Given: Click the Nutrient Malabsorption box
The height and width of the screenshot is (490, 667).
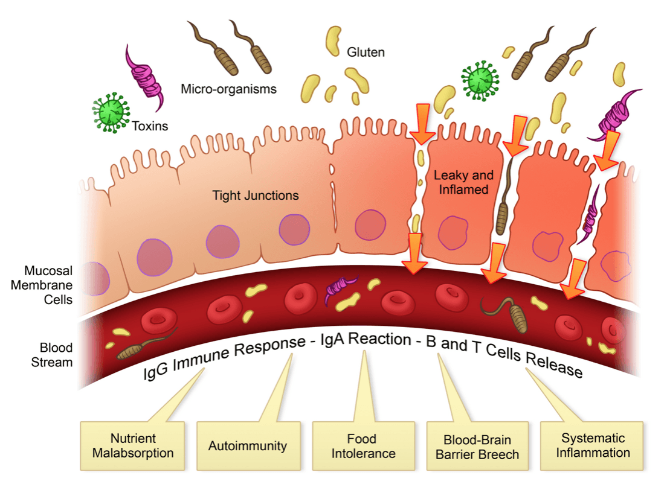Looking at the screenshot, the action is point(132,446).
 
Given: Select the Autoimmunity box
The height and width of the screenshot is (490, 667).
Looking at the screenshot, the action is point(248,446).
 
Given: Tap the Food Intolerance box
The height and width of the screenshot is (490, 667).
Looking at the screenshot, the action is point(364,446).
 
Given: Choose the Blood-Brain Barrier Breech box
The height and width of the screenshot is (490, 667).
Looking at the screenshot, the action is point(477,446).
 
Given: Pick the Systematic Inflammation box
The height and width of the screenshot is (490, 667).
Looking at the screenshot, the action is point(591,446).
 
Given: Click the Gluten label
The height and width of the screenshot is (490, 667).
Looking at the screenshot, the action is point(366,52).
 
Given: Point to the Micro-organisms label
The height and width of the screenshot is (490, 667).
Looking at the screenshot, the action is point(228,89).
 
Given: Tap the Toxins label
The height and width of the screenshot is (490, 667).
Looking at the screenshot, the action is point(150,126).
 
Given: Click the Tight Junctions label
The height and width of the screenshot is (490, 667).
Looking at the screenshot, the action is point(255,196).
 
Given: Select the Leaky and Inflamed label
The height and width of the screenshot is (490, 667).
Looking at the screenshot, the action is point(463,182).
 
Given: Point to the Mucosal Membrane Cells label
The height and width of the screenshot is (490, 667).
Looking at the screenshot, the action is point(42,285).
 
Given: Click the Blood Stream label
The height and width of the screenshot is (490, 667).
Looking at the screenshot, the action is point(51,355).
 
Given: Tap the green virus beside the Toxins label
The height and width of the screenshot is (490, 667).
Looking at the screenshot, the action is point(111,113).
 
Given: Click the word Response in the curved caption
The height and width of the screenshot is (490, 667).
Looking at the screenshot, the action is point(270,347).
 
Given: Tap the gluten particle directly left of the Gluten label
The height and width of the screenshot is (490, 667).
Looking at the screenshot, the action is point(333,41).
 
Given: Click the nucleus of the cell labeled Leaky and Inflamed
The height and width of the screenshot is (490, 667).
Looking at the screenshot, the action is point(453,232).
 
